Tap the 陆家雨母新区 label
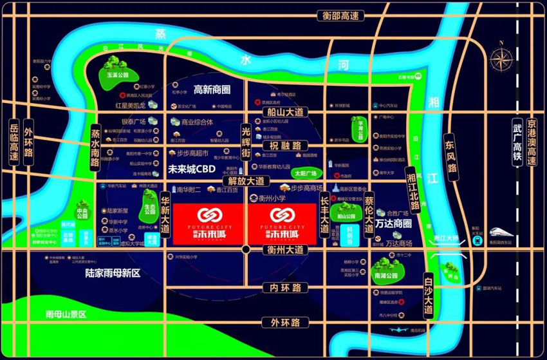point(112,273)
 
